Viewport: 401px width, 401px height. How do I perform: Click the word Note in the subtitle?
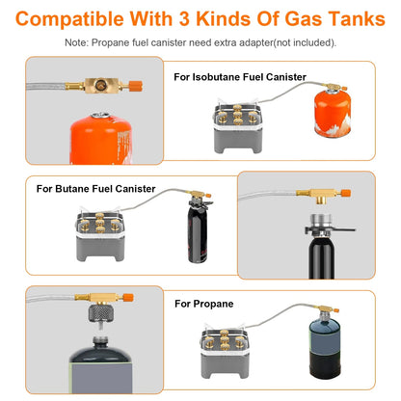click(x=78, y=42)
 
